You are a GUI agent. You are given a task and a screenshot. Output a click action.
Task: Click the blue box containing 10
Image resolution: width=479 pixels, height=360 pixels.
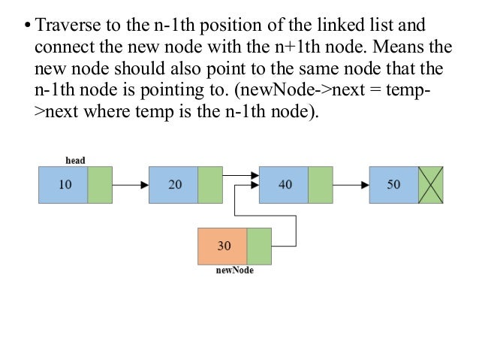click(x=63, y=185)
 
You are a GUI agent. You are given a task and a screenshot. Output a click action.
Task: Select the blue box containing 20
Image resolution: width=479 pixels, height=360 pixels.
click(x=173, y=185)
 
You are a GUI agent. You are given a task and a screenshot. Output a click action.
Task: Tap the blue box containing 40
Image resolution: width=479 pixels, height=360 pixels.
click(x=284, y=185)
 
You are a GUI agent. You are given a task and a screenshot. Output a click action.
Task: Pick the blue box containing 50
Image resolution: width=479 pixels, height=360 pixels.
click(x=393, y=185)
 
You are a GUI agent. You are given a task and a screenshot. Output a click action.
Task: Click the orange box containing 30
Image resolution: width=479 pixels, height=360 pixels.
click(x=222, y=246)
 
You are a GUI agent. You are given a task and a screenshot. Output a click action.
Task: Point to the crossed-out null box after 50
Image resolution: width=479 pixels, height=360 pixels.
click(x=431, y=185)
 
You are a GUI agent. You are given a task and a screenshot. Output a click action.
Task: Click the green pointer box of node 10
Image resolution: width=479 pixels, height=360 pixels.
click(x=100, y=185)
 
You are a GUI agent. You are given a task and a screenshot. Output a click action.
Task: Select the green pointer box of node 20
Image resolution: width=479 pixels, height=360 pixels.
click(x=210, y=185)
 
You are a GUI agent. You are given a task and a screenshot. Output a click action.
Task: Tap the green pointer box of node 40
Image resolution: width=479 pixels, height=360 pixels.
click(x=321, y=185)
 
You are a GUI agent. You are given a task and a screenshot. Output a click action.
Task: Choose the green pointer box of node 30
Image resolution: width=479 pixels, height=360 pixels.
click(x=259, y=246)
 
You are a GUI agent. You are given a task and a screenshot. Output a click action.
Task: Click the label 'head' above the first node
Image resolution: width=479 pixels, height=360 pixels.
click(x=75, y=160)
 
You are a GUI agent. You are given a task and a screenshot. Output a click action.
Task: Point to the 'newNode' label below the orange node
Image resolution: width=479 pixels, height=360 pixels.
click(x=234, y=271)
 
